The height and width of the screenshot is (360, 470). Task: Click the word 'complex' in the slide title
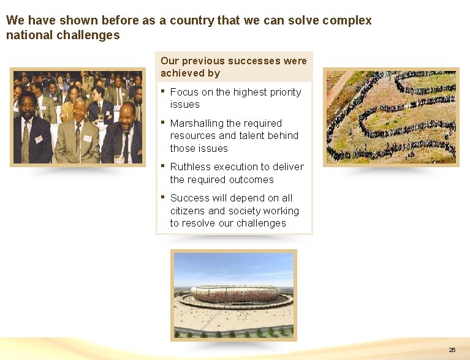tap(347, 20)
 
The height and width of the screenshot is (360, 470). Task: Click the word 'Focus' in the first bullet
tap(183, 92)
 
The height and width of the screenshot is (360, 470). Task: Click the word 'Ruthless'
tap(190, 167)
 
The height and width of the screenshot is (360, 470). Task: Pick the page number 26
tap(452, 350)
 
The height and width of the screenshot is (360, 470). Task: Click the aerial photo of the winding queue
tap(391, 116)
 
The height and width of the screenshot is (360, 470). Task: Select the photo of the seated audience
tap(77, 117)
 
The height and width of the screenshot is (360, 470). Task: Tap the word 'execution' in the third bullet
tap(237, 167)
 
